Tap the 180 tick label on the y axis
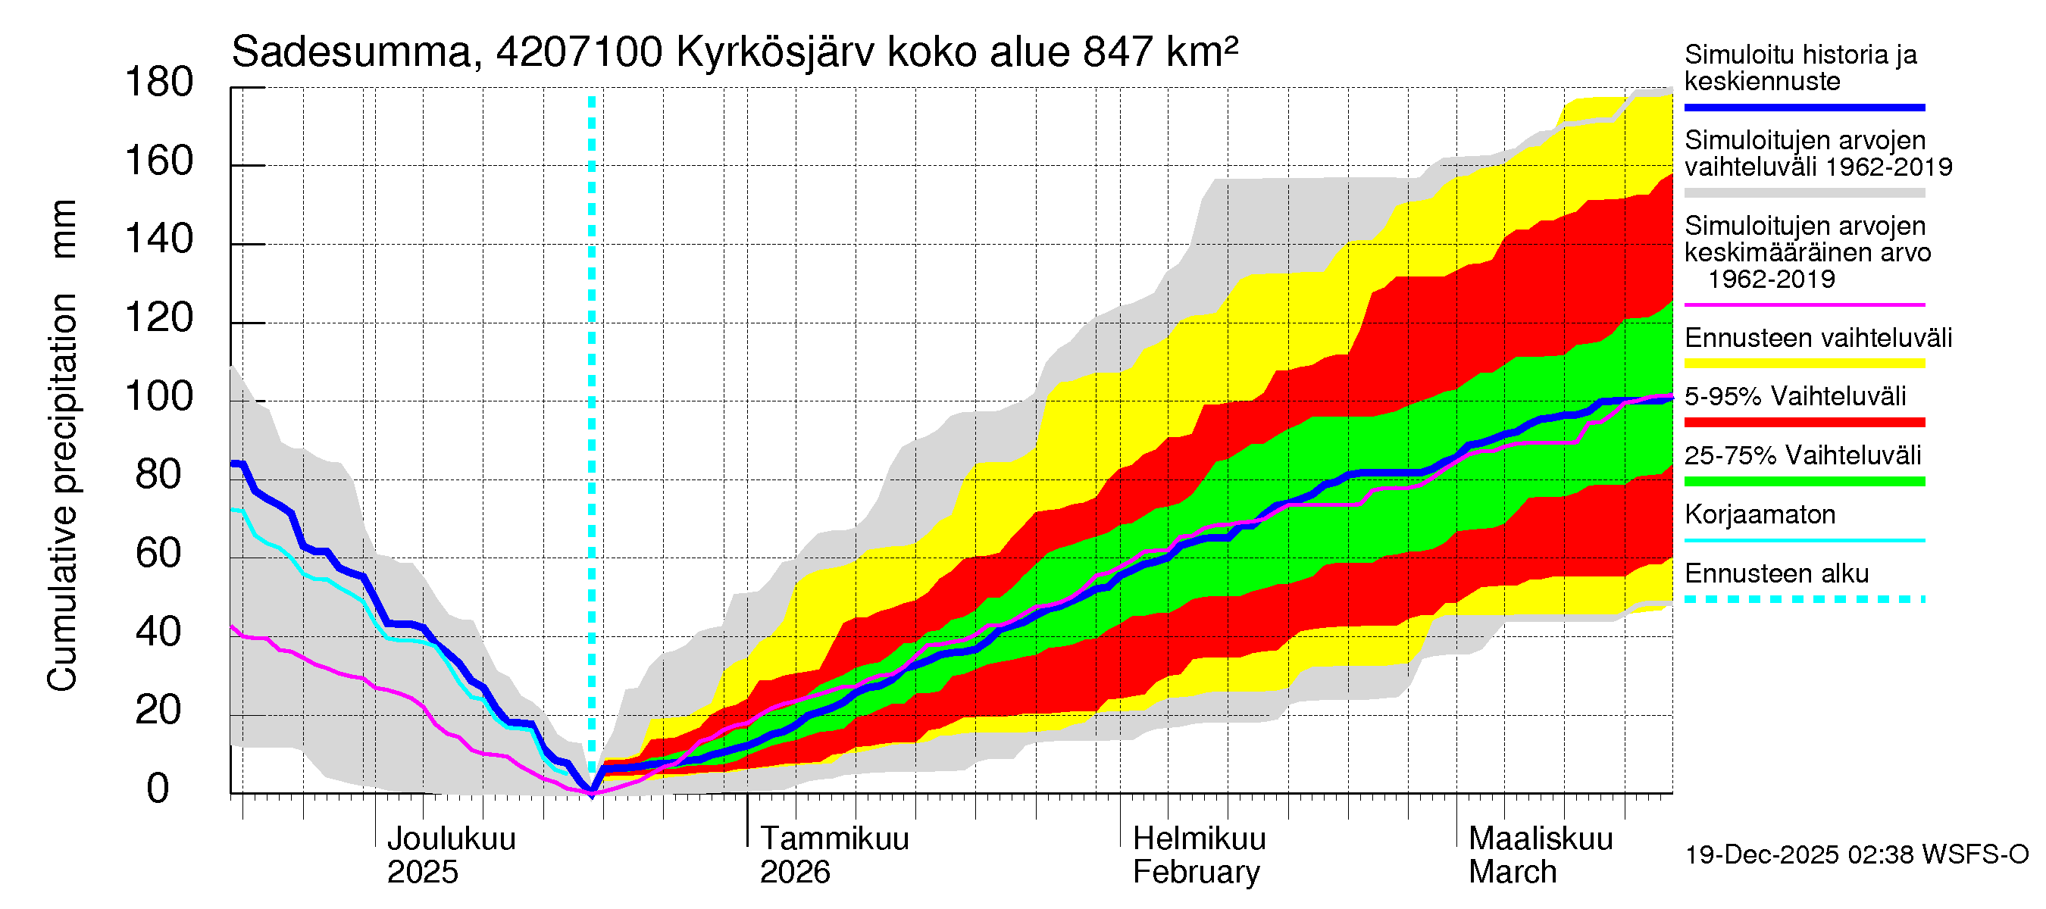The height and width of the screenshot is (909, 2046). tap(159, 83)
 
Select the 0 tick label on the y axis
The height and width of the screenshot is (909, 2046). tap(158, 789)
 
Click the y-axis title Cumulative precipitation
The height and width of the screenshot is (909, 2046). tap(62, 492)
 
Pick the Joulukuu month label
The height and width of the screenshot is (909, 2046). tap(451, 839)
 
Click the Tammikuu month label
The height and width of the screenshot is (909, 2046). tap(834, 839)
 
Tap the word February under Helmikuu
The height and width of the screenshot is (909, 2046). tap(1195, 873)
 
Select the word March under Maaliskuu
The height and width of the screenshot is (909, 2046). tap(1513, 873)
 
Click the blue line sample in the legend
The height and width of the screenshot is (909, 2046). tap(1804, 107)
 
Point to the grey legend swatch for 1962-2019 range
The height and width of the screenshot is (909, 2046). tap(1804, 193)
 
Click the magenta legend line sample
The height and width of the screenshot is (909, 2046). tap(1804, 305)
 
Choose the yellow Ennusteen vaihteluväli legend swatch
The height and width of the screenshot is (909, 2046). tap(1804, 364)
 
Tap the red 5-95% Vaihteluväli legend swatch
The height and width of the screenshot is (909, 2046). tap(1804, 423)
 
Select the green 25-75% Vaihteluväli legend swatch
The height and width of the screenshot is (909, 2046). tap(1804, 481)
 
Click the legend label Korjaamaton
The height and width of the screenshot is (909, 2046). tap(1760, 515)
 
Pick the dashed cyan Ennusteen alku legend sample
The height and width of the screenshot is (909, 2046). tap(1804, 599)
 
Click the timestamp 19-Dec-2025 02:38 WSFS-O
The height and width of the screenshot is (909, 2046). tap(1856, 855)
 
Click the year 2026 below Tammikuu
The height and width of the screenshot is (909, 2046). tap(794, 873)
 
